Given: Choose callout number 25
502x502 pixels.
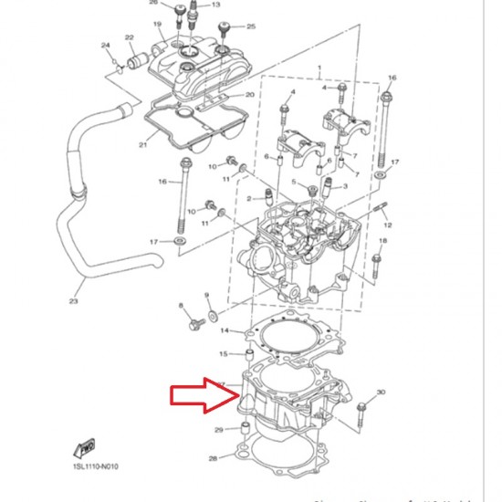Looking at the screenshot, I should tap(251, 26).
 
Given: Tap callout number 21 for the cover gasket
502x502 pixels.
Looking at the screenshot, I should tap(142, 144).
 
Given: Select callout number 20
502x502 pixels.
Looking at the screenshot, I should tap(249, 96).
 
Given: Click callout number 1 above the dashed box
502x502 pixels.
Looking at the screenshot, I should tap(319, 69).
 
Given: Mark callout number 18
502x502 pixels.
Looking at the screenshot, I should tap(382, 241).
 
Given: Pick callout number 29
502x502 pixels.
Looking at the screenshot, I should tap(218, 430).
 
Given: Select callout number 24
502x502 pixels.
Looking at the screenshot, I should tap(106, 45).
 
